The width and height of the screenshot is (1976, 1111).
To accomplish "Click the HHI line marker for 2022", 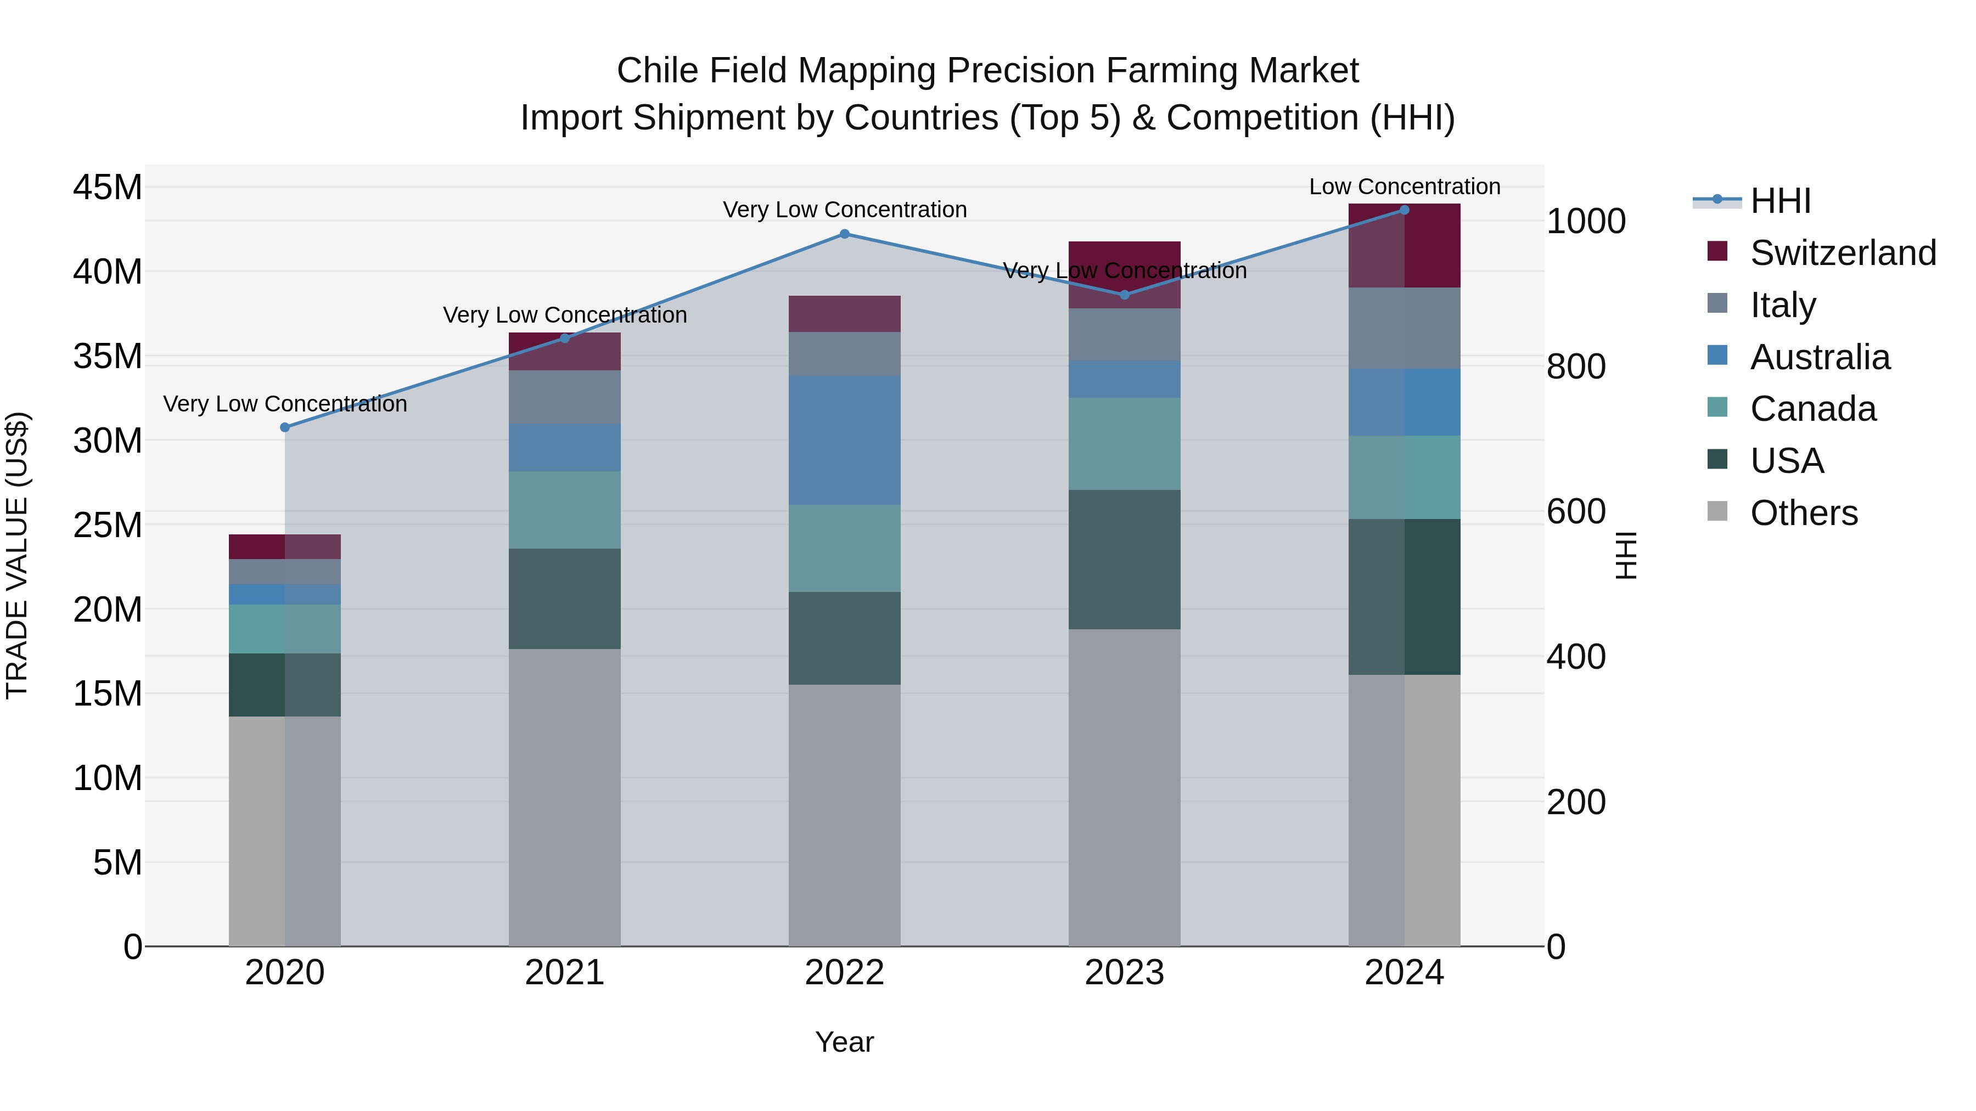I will (x=845, y=234).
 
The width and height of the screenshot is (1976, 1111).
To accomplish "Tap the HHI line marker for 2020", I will (x=284, y=427).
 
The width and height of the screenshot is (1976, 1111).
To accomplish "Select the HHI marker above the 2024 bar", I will (x=1405, y=210).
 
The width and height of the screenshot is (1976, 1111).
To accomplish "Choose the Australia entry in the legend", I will (x=1820, y=357).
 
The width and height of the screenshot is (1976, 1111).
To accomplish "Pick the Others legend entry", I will (x=1804, y=513).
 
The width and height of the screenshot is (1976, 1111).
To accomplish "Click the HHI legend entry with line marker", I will (x=1779, y=201).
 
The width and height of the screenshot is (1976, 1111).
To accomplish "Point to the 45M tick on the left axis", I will (x=108, y=188).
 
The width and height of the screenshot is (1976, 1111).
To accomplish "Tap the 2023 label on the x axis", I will (x=1125, y=973).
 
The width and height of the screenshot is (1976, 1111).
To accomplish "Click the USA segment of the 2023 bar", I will (x=1125, y=560).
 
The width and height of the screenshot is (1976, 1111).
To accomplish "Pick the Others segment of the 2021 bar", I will (x=565, y=797).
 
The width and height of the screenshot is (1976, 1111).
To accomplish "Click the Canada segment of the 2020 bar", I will (x=284, y=629).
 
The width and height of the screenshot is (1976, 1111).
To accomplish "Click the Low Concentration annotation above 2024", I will (x=1405, y=187).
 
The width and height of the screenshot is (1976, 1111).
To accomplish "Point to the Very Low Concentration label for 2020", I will (x=284, y=404).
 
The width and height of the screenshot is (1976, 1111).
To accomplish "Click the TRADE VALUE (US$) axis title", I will (x=17, y=555).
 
